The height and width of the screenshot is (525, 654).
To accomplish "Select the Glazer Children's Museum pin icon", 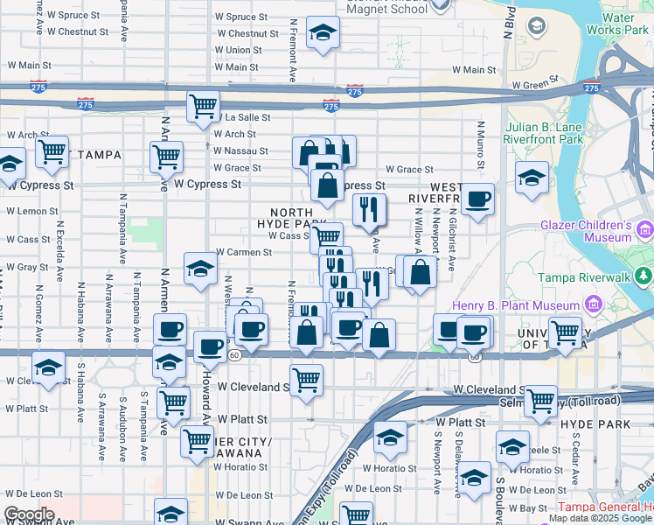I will coord(646,232).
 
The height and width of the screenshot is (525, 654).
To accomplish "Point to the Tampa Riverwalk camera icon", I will coord(644,277).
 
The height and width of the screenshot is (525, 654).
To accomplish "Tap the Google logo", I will coord(29,514).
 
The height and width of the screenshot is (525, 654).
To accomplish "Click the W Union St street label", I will coord(238,50).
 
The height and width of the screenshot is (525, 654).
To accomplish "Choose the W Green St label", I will coord(535,85).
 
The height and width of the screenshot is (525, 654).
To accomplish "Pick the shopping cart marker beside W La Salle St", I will coord(203,107).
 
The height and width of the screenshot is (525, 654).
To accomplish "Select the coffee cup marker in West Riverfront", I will coord(477,200).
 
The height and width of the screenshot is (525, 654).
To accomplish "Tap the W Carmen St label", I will coord(244,252).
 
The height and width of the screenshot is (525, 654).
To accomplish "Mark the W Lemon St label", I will coord(31,211).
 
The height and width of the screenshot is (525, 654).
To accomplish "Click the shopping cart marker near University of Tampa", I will coord(565,332).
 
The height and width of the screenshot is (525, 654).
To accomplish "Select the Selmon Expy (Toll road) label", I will coord(577,401).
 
